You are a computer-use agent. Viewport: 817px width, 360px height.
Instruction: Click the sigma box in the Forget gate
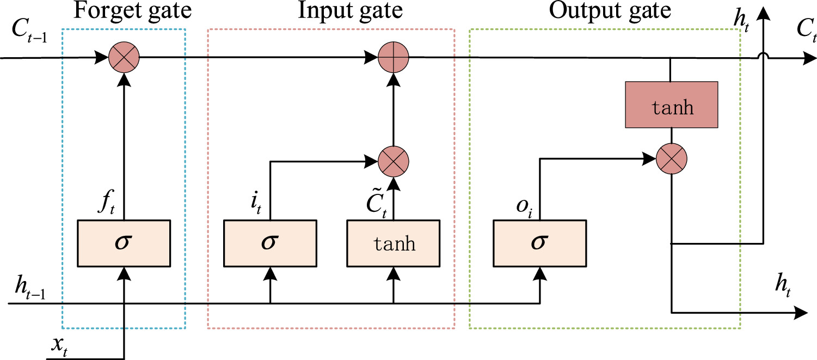click(x=124, y=243)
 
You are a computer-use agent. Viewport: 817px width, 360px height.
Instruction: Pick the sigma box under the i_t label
click(x=271, y=243)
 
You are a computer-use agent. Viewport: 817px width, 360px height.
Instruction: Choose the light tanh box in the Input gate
click(x=394, y=243)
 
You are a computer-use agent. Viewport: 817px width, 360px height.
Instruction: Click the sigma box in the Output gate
click(x=540, y=243)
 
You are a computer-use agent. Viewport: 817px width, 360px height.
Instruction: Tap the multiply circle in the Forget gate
click(x=124, y=57)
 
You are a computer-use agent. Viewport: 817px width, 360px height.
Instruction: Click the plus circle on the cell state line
click(x=394, y=57)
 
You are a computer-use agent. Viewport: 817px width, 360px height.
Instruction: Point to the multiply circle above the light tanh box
click(x=394, y=161)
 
